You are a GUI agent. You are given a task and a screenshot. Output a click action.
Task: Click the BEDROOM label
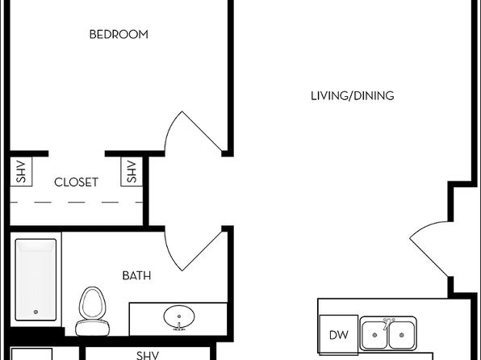click(119, 34)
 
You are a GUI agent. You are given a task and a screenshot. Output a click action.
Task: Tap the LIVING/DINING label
click(353, 96)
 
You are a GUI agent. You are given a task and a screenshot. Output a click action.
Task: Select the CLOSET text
click(76, 182)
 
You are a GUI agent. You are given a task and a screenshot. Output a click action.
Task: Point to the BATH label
click(136, 275)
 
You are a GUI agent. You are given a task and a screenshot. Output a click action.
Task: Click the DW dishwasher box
click(338, 334)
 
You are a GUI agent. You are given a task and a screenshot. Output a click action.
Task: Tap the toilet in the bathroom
click(92, 312)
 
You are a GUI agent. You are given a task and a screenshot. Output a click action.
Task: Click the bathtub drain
click(36, 312)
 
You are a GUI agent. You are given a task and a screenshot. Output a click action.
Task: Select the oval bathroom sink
click(179, 317)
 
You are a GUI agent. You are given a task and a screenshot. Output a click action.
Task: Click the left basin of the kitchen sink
click(374, 335)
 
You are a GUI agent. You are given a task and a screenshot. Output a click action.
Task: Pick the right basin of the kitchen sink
click(402, 335)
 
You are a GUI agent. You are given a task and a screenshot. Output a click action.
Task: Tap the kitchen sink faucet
click(388, 322)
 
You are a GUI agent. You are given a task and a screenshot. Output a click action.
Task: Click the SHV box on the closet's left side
click(21, 172)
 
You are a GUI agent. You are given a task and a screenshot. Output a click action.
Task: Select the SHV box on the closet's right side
click(132, 172)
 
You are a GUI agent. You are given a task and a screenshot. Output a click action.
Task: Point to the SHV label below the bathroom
click(148, 355)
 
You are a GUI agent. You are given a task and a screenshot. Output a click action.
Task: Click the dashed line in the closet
click(77, 203)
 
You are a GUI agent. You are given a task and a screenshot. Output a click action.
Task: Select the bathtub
click(36, 279)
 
